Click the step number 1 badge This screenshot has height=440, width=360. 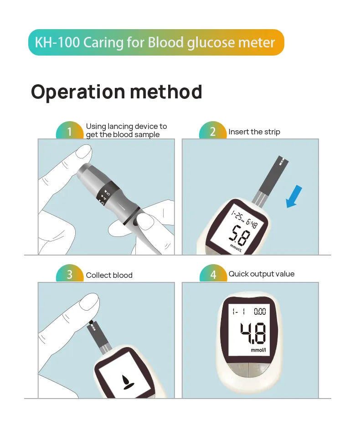(x=69, y=132)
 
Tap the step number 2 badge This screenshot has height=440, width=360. (x=213, y=132)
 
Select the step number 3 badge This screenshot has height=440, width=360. (x=69, y=275)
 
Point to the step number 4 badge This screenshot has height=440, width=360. (x=213, y=275)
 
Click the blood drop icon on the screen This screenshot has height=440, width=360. (x=127, y=381)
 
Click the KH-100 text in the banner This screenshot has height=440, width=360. (x=51, y=43)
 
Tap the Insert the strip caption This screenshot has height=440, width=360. (x=254, y=132)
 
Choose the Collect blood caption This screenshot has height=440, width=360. (x=109, y=275)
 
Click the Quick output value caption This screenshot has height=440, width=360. (x=261, y=274)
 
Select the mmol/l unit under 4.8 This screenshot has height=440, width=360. (x=258, y=350)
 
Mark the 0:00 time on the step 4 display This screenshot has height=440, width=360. (x=259, y=312)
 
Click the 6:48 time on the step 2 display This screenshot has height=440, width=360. (x=252, y=223)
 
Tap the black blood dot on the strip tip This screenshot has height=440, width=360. (x=91, y=322)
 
